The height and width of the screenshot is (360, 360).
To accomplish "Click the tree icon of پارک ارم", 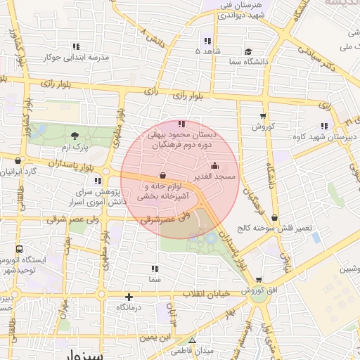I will click(75, 136).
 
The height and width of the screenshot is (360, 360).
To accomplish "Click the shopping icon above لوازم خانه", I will click(163, 175).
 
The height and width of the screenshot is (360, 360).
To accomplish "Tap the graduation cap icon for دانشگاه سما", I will click(248, 51).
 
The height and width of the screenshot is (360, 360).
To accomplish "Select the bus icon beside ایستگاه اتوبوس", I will click(18, 249).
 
